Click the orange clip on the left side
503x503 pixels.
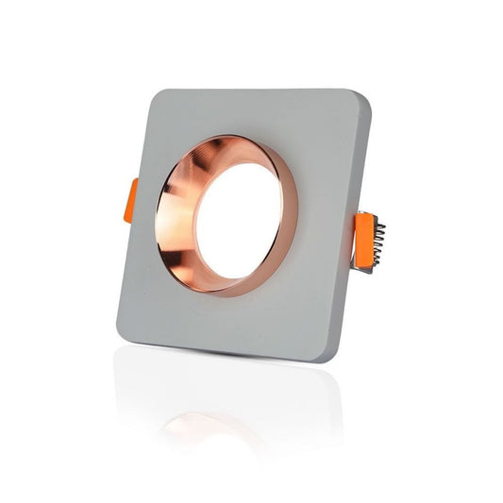[128, 200]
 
